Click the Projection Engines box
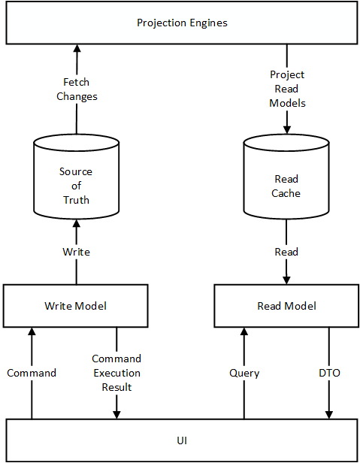point(181,23)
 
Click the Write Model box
point(75,306)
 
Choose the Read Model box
point(286,306)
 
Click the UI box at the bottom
point(181,440)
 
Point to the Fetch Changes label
point(77,89)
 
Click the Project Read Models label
point(287,89)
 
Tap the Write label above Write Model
point(76,252)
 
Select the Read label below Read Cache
point(286,252)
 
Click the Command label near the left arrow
point(32,373)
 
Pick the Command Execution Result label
point(116,373)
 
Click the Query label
point(244,373)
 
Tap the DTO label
point(329,373)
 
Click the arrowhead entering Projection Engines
point(75,48)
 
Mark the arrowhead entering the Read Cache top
point(286,129)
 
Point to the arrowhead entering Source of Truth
point(75,223)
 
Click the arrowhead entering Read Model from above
point(286,280)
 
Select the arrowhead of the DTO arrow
point(329,414)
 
